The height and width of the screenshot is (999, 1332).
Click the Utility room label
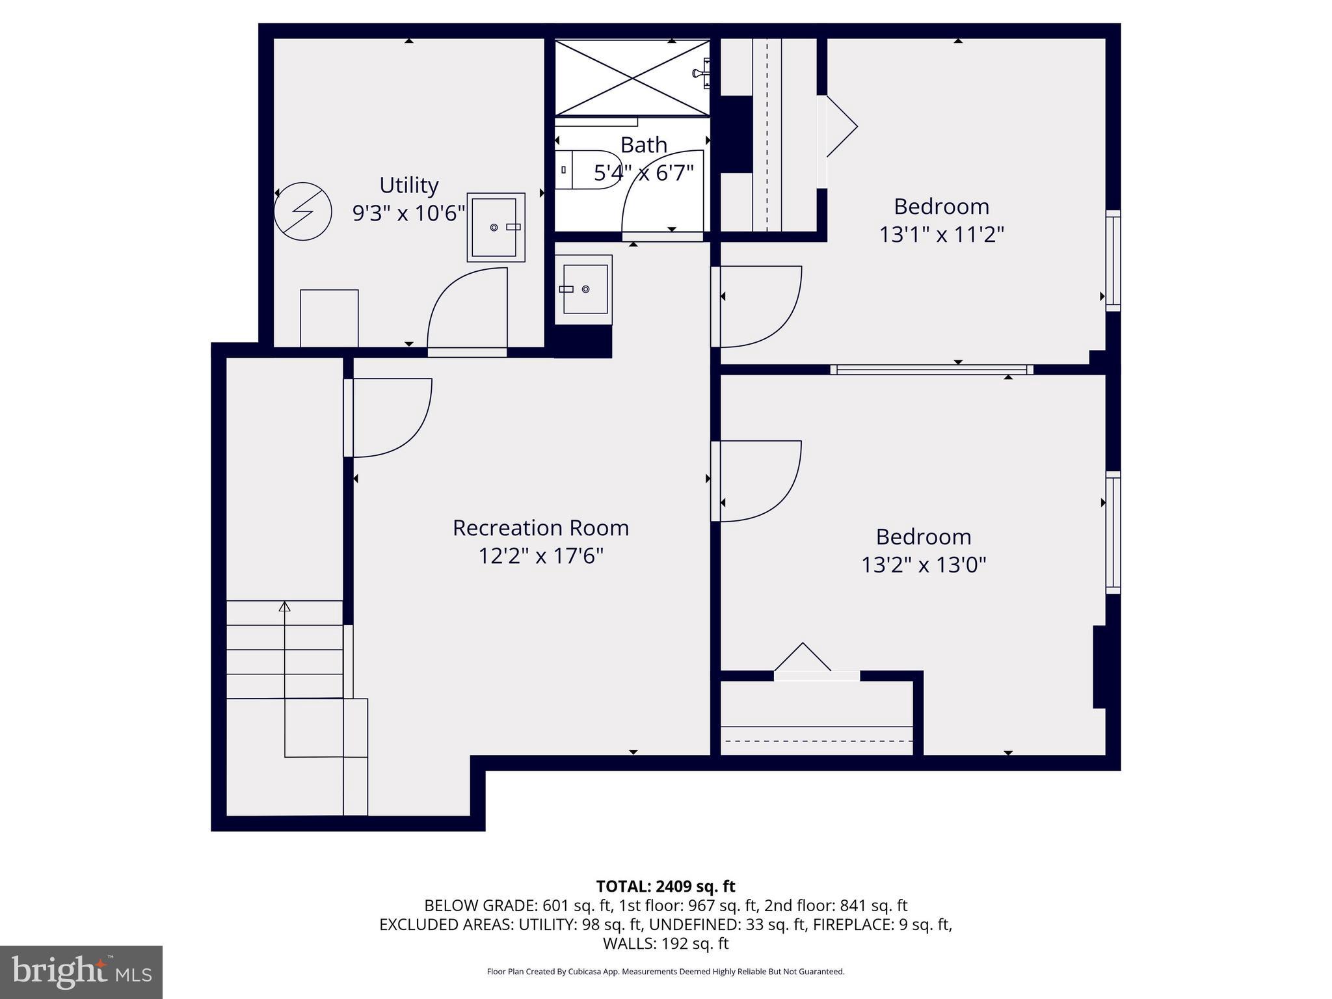(408, 185)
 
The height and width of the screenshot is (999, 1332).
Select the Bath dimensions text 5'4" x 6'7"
(643, 173)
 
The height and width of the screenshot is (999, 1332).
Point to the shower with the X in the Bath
(632, 78)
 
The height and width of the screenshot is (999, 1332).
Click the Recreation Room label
(540, 527)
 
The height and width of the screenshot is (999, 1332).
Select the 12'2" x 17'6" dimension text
(540, 556)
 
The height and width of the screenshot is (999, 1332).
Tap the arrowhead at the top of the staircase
(284, 606)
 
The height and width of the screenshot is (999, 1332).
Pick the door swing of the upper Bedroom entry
(758, 306)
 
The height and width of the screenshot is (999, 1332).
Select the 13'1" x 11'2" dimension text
(941, 234)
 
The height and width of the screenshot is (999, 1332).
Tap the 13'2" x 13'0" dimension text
(924, 565)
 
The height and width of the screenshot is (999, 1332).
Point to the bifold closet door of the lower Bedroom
(803, 658)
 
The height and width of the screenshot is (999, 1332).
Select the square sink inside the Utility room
(496, 227)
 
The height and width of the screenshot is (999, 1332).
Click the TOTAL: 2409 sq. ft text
(665, 886)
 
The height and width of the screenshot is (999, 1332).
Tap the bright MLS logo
(81, 972)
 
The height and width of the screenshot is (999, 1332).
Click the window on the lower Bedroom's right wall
(1113, 532)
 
